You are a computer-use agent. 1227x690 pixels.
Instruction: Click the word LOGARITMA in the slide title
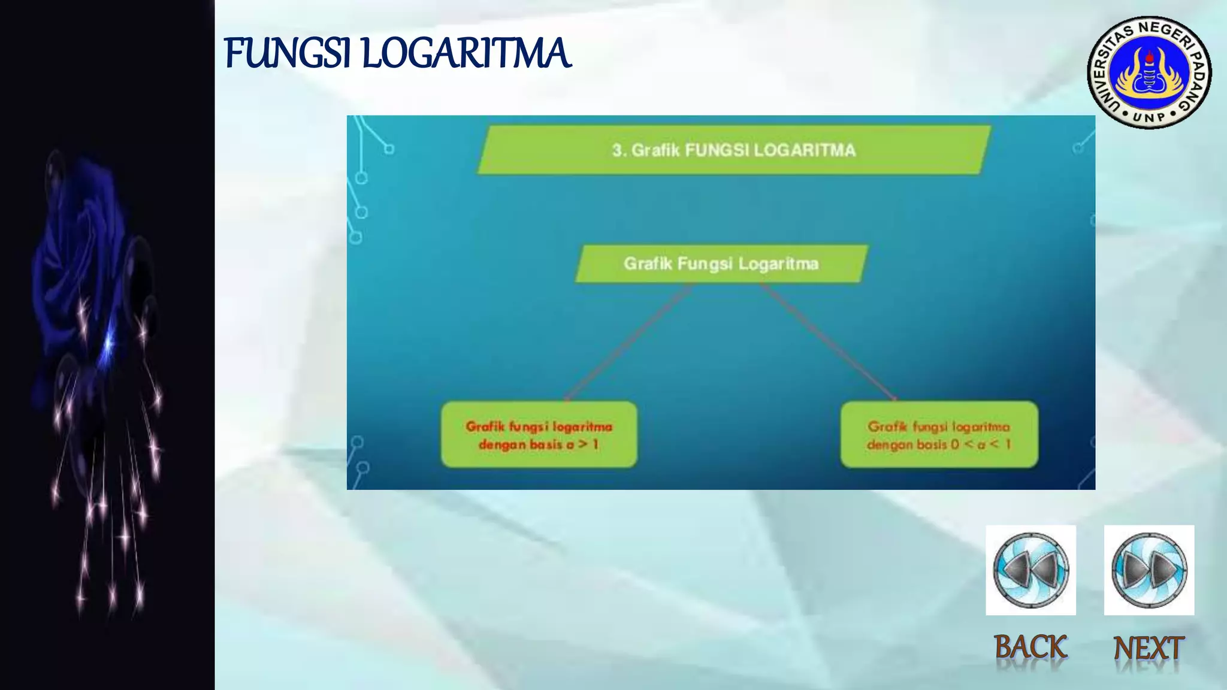(466, 53)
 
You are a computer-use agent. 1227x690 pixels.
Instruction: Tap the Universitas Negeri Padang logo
(1149, 72)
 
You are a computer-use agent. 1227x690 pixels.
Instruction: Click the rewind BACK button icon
(1030, 570)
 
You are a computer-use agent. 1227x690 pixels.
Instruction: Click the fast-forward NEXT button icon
(1149, 570)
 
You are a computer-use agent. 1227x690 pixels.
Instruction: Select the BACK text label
(1030, 647)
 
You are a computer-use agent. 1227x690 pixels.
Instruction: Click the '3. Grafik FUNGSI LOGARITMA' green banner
(734, 150)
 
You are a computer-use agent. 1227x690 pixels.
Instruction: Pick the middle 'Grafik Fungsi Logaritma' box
(721, 264)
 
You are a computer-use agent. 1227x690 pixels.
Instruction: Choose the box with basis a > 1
(539, 435)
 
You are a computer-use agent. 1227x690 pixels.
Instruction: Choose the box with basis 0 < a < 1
(939, 435)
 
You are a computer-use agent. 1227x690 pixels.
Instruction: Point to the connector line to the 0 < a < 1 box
(830, 341)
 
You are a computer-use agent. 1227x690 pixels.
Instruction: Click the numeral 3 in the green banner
(617, 150)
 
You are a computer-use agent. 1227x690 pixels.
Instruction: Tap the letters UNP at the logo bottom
(1149, 116)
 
